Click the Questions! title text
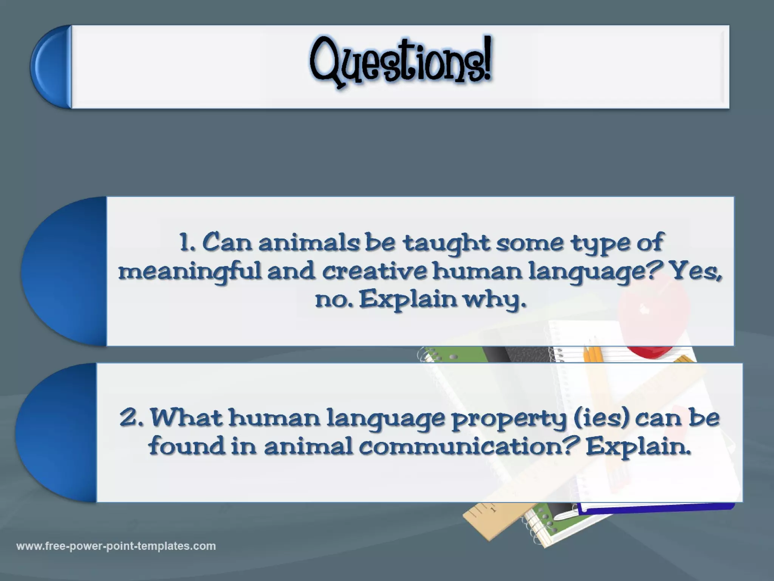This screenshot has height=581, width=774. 401,62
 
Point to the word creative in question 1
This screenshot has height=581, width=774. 374,272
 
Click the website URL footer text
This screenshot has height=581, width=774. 116,546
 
